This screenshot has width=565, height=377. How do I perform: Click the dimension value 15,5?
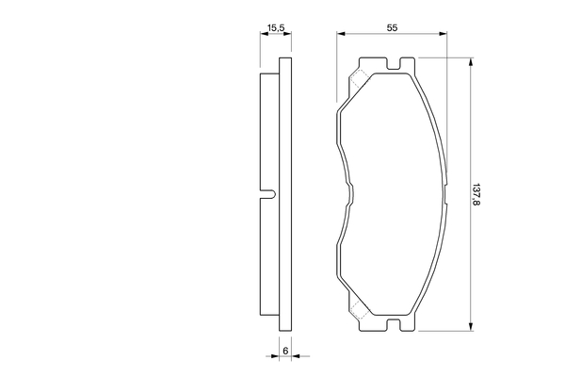276,27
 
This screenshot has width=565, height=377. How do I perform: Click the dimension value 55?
392,27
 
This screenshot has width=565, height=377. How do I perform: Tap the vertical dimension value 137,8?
476,194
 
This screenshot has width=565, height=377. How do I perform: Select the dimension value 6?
285,351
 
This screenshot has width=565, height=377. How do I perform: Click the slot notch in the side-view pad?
268,194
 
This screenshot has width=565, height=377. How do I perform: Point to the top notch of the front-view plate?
394,63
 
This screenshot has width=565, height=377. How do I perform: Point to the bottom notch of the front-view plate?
394,324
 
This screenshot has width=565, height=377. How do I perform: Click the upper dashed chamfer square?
359,79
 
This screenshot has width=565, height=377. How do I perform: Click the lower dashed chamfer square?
359,309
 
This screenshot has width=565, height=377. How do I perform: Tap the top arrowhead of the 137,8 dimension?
470,62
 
